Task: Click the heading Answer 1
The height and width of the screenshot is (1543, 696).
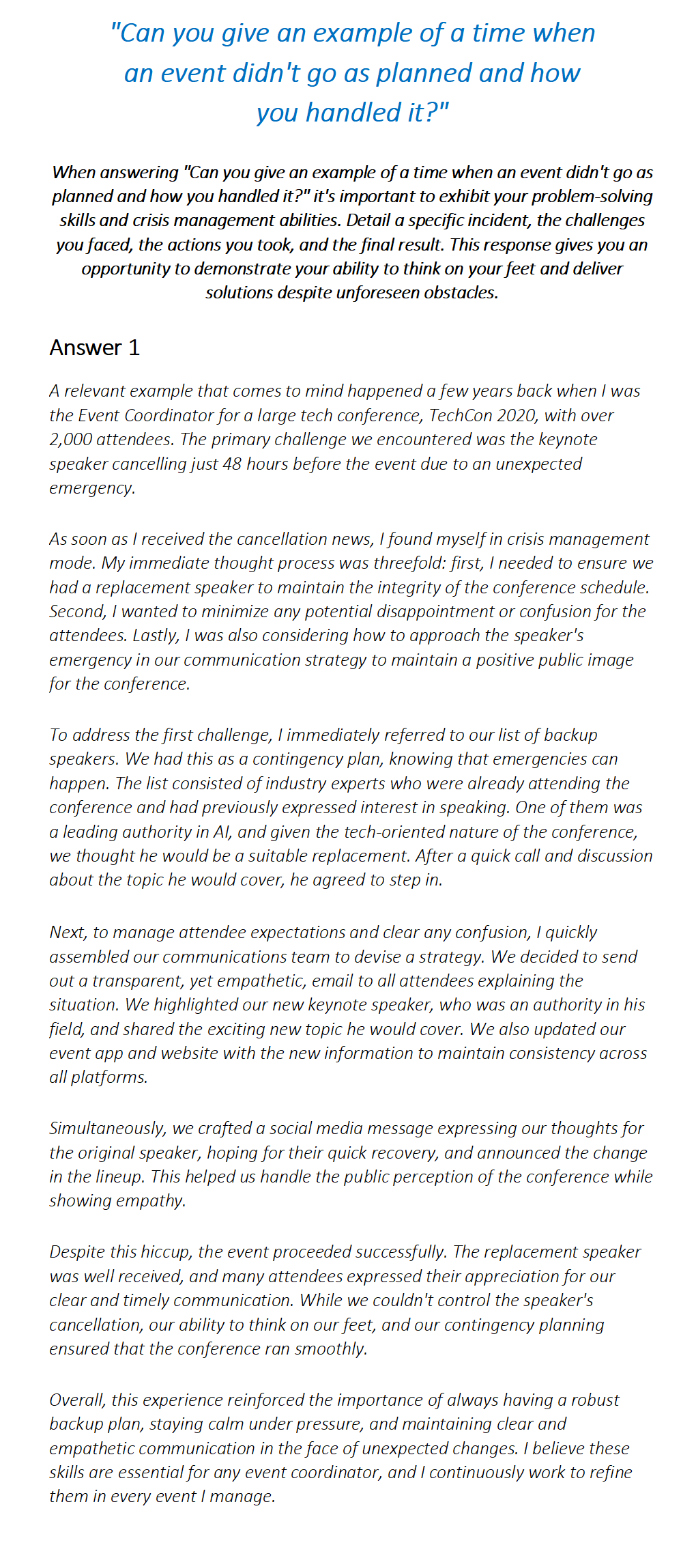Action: tap(94, 348)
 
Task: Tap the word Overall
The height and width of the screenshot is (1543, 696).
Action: tap(77, 1400)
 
